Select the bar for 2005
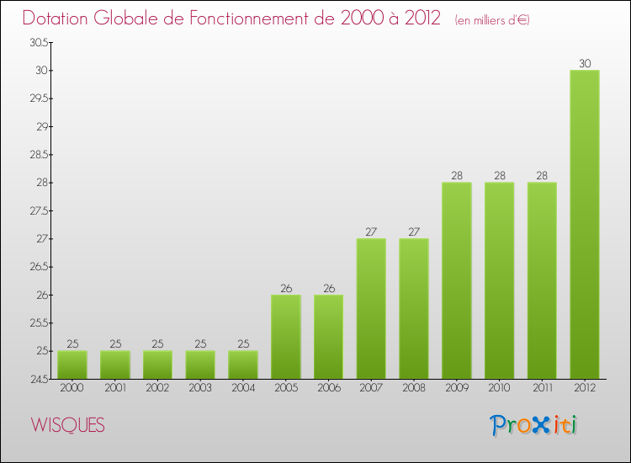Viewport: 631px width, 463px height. click(x=285, y=337)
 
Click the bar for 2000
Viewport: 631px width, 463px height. click(x=72, y=365)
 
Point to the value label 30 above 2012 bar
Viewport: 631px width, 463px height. click(x=585, y=63)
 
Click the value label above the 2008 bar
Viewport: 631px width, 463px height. click(x=414, y=231)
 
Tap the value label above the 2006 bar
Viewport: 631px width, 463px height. click(x=328, y=288)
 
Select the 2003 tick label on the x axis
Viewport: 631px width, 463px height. click(x=200, y=388)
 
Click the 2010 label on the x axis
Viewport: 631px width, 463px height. click(x=500, y=388)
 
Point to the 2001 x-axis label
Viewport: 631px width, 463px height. click(x=114, y=388)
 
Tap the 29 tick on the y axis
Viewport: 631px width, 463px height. click(x=40, y=126)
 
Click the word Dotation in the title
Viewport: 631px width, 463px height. click(x=61, y=19)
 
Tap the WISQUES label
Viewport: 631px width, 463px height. click(x=67, y=426)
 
